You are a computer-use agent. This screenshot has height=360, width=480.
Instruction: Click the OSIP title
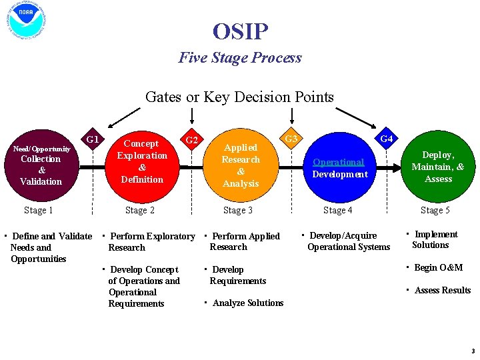pos(240,31)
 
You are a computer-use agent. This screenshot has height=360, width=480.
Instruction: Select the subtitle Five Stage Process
pos(240,58)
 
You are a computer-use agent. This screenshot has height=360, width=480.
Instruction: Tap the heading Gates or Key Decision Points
pos(239,97)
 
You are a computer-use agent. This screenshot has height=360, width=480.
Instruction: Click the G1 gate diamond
pos(93,140)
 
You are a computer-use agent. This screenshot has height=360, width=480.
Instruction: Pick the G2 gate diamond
pos(191,140)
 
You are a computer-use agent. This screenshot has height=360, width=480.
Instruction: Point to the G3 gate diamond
pos(291,140)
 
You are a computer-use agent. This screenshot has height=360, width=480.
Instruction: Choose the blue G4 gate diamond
pos(385,140)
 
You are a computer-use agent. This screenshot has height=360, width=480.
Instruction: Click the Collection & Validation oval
pos(41,165)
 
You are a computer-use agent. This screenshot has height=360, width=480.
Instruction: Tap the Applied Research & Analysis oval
pos(241,165)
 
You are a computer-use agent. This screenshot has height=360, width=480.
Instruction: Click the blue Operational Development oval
pos(339,168)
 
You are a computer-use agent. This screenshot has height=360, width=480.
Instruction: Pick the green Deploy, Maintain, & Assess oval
pos(438,167)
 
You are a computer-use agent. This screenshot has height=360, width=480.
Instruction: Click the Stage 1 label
pos(39,211)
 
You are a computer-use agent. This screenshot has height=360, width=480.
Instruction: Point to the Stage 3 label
pos(238,211)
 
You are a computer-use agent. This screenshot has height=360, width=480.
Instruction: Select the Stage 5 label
pos(435,211)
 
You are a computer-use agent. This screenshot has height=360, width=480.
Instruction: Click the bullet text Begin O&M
pos(438,268)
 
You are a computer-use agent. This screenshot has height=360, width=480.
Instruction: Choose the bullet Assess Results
pos(442,291)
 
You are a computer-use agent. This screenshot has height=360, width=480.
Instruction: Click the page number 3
pos(472,351)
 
